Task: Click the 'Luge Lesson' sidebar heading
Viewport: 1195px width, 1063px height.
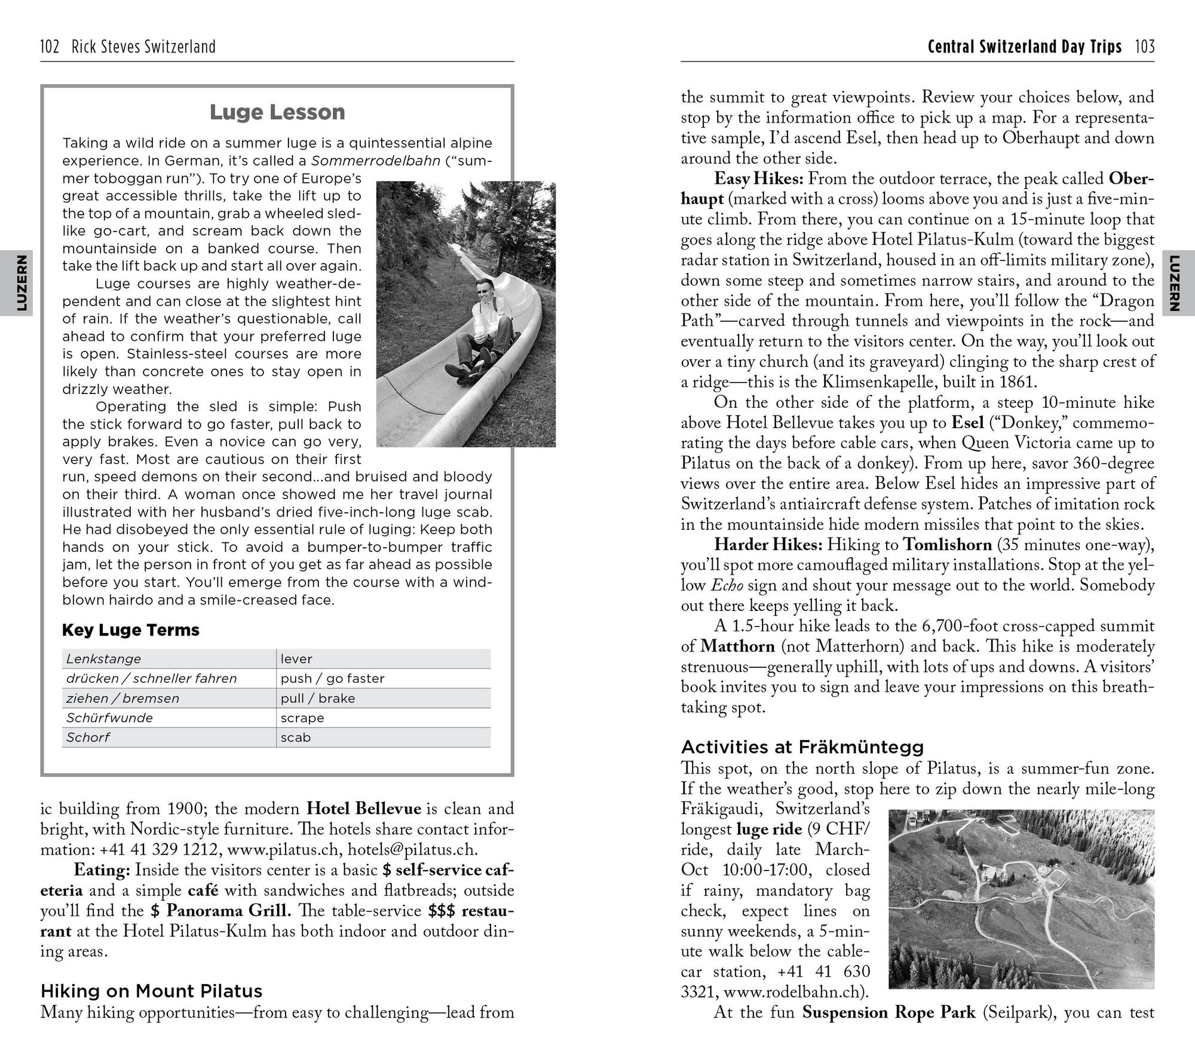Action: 277,112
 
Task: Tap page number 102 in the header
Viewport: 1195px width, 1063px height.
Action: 49,47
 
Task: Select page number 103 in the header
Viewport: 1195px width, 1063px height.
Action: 1145,47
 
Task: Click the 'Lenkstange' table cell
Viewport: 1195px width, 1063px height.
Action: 104,659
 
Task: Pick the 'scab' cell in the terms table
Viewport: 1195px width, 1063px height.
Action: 296,737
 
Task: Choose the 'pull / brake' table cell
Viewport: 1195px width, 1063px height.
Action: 318,698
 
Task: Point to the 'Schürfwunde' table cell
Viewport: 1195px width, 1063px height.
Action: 110,717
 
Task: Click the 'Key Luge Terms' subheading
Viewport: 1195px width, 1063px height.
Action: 131,630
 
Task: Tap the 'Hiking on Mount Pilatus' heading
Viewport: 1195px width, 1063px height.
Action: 151,991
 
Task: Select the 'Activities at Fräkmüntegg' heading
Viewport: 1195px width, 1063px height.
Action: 802,747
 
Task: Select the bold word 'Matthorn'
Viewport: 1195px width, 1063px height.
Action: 737,646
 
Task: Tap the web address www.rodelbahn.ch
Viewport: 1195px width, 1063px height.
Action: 792,992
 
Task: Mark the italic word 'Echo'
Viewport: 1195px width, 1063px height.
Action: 727,585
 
